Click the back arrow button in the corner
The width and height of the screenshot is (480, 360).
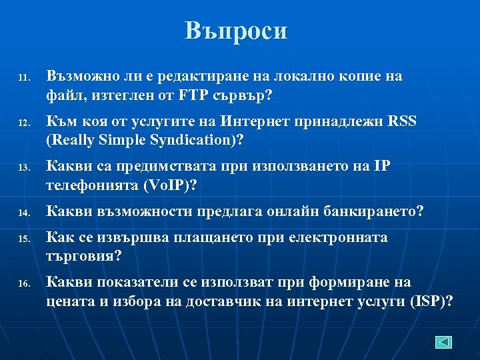coord(444,342)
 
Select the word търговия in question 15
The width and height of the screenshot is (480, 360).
coord(80,256)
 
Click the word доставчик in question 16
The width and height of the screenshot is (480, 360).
coord(221,301)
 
